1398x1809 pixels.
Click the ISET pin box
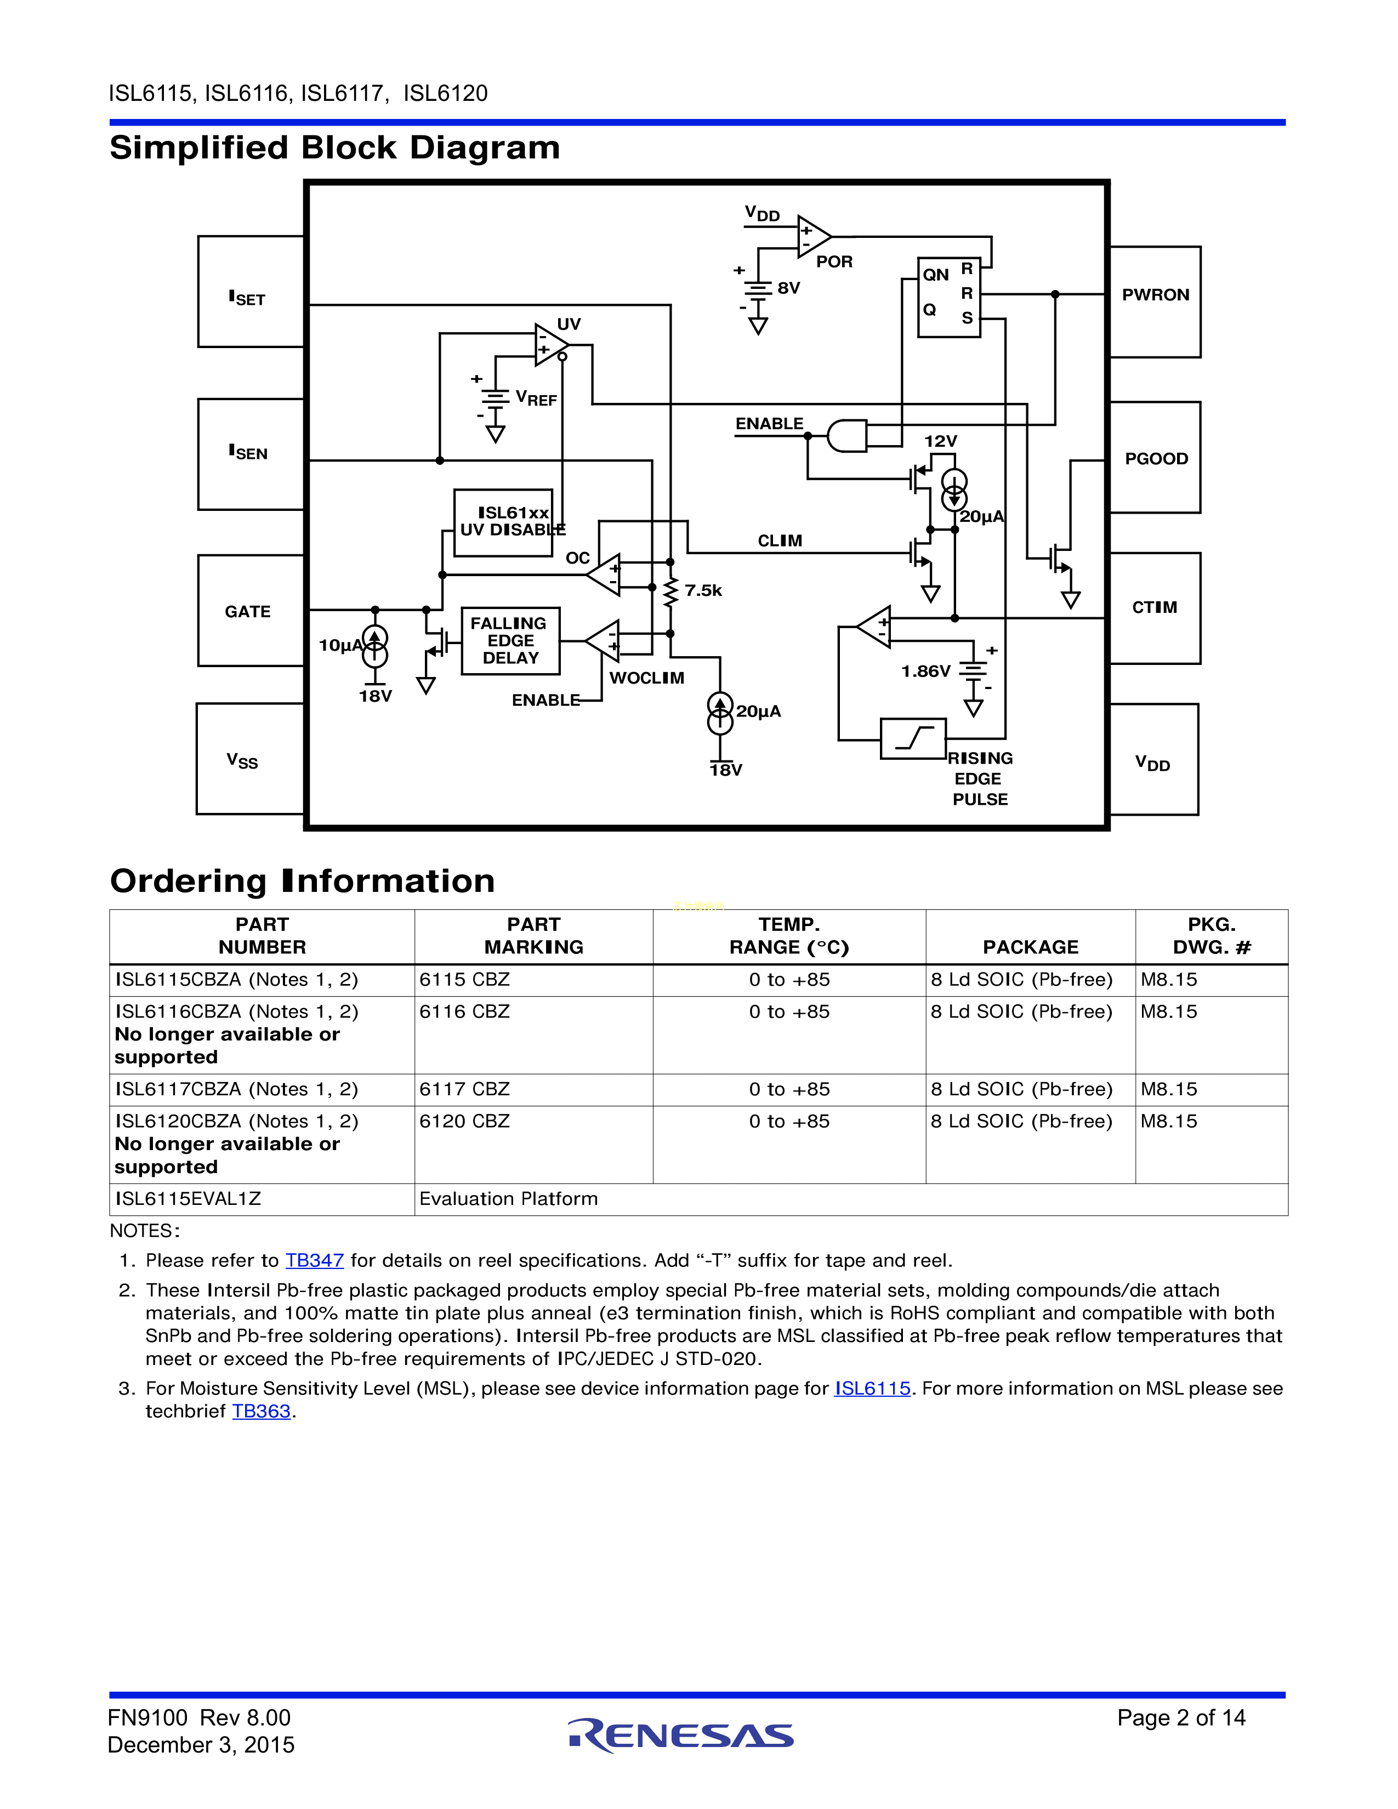click(x=250, y=292)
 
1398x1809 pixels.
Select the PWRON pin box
click(x=1155, y=301)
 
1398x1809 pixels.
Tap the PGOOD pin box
click(x=1155, y=457)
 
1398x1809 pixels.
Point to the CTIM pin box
click(x=1155, y=608)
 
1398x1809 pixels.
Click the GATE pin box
click(x=250, y=611)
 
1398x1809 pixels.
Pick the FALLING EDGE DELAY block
click(x=510, y=640)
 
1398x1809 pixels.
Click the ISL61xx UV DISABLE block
click(x=503, y=522)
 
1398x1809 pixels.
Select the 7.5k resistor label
click(x=703, y=590)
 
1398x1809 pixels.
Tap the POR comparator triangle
click(x=812, y=237)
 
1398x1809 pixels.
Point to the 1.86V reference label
click(x=925, y=671)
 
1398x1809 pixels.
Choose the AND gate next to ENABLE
click(x=846, y=436)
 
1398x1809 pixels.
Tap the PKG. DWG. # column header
click(x=1211, y=936)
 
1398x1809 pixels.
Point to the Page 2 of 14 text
click(x=1180, y=1718)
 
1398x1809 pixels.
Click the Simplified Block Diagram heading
click(x=334, y=148)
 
